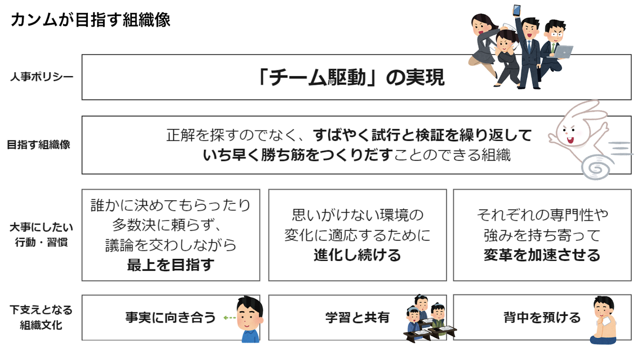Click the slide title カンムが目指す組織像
tap(90, 20)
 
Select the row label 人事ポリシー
tap(42, 77)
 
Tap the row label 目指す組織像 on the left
tap(39, 145)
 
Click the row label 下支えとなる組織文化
tap(41, 317)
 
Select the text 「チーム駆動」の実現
tap(351, 78)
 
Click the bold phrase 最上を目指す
tap(171, 265)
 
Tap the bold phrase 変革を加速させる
tap(542, 255)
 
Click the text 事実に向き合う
tap(170, 317)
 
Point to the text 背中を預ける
tap(542, 317)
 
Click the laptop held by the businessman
tap(562, 52)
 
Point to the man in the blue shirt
tap(249, 319)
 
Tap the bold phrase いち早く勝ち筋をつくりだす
tap(298, 155)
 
